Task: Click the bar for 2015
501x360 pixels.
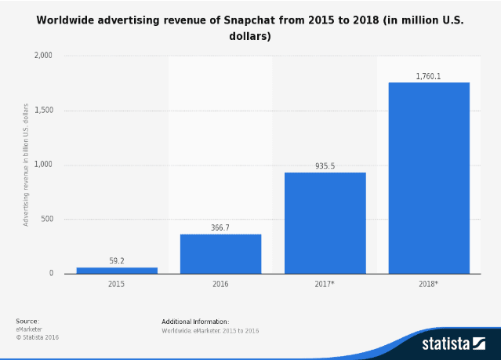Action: (x=116, y=270)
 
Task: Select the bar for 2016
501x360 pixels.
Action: (x=220, y=253)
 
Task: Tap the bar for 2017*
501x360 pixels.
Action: (x=325, y=223)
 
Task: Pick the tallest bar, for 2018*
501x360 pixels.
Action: (x=429, y=178)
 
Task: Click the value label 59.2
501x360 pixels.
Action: (x=116, y=260)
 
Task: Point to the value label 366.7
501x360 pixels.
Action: (x=220, y=227)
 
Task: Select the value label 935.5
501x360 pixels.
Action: (x=325, y=165)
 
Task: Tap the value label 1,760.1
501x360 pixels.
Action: (x=429, y=75)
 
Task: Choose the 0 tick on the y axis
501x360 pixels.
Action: (x=51, y=274)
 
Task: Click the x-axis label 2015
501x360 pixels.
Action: (x=116, y=283)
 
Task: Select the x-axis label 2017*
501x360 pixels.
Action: (x=325, y=283)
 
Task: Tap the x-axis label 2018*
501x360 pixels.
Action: (x=430, y=283)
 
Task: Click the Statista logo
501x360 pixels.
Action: (x=455, y=343)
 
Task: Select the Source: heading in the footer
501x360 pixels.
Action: (x=27, y=322)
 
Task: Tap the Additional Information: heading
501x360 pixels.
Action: (x=195, y=322)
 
